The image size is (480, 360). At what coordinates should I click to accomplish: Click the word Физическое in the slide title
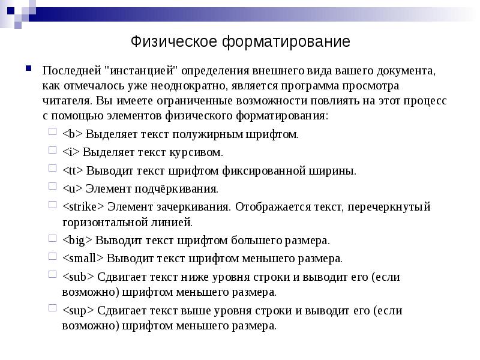(174, 43)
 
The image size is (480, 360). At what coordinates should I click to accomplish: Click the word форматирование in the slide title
(286, 43)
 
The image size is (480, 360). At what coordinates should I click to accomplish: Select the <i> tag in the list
(70, 152)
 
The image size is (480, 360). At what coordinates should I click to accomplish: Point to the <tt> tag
(73, 170)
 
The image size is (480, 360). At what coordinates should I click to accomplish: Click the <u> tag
(71, 188)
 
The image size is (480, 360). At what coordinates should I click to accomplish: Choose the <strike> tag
(83, 207)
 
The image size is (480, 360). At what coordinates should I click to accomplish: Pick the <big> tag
(77, 241)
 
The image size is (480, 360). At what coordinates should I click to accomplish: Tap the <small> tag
(83, 259)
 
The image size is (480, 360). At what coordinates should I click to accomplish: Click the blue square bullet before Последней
(29, 68)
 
